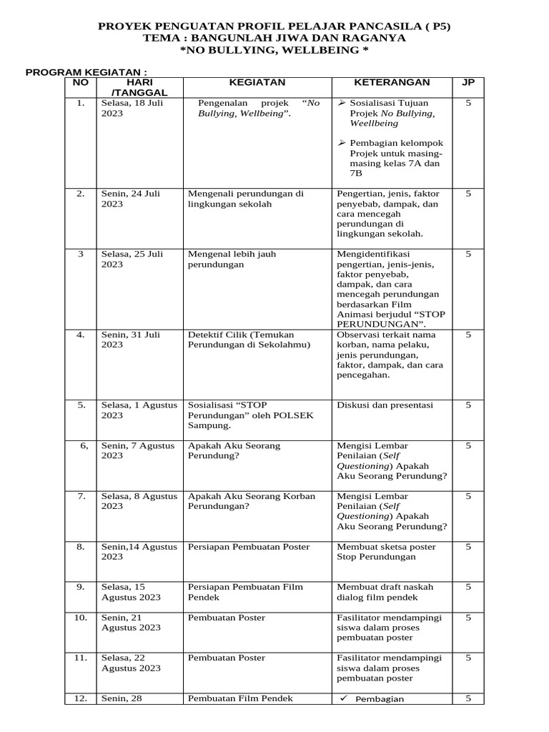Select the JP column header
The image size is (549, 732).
click(468, 82)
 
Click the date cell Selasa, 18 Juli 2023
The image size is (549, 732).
click(130, 108)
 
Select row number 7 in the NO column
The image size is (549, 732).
click(81, 495)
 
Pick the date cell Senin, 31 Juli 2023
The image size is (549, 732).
click(130, 340)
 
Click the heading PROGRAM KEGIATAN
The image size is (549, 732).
click(86, 72)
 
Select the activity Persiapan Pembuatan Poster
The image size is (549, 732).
click(249, 547)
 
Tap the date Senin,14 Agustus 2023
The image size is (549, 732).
click(139, 552)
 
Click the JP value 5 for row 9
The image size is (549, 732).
click(468, 587)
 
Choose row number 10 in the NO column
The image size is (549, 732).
click(81, 617)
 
